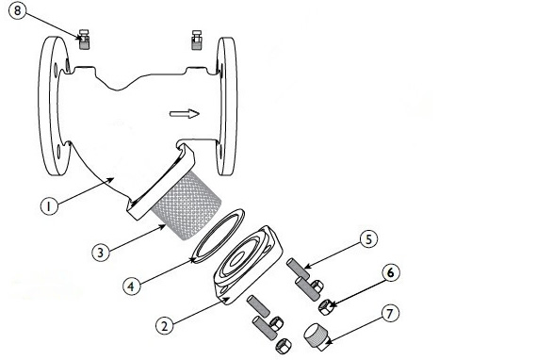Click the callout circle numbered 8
pos(17,10)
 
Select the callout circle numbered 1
pos(49,206)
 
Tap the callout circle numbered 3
pos(101,253)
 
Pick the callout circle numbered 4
pos(132,286)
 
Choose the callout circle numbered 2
pos(165,325)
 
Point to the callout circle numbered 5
pos(369,239)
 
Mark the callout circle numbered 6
pos(390,272)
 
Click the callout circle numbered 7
pos(390,314)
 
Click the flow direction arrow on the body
pos(185,114)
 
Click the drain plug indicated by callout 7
pos(317,337)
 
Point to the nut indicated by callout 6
pos(326,307)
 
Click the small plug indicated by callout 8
pos(84,40)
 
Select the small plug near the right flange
pos(196,40)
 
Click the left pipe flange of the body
pos(54,106)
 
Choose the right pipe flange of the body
pos(226,106)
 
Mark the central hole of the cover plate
pos(236,260)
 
